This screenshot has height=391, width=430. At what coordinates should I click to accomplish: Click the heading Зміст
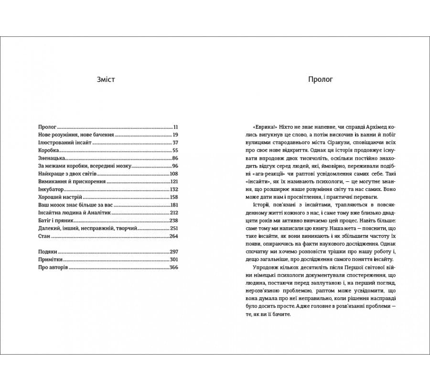105,79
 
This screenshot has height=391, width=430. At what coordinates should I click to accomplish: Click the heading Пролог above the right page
320,79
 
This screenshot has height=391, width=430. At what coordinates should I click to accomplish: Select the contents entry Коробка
48,150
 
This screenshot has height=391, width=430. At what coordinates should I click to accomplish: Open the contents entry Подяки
47,252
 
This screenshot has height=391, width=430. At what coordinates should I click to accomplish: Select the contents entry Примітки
50,259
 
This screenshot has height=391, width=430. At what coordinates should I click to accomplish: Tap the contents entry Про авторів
53,267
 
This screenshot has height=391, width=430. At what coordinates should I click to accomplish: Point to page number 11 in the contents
175,127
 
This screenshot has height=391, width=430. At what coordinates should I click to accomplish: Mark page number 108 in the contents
174,174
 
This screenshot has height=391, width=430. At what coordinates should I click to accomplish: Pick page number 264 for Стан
174,236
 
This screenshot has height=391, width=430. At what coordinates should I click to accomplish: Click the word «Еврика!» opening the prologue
260,127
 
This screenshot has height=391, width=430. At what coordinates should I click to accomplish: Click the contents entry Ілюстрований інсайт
64,143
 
